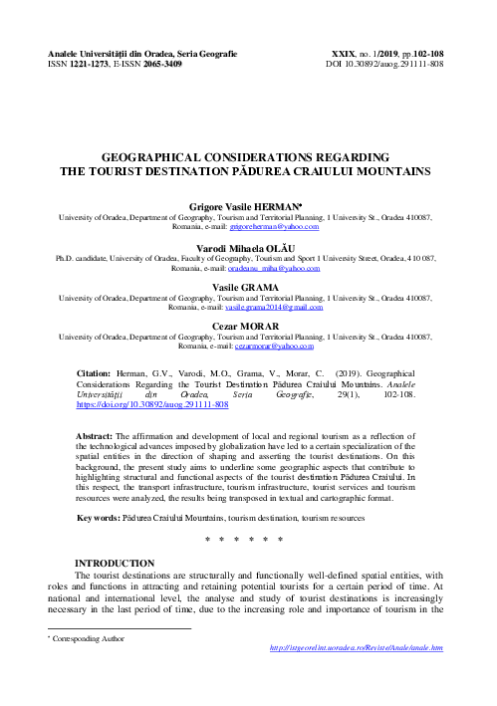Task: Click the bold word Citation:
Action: tap(99, 370)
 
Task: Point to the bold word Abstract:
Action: tap(100, 436)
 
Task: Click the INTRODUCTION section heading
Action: tap(115, 565)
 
